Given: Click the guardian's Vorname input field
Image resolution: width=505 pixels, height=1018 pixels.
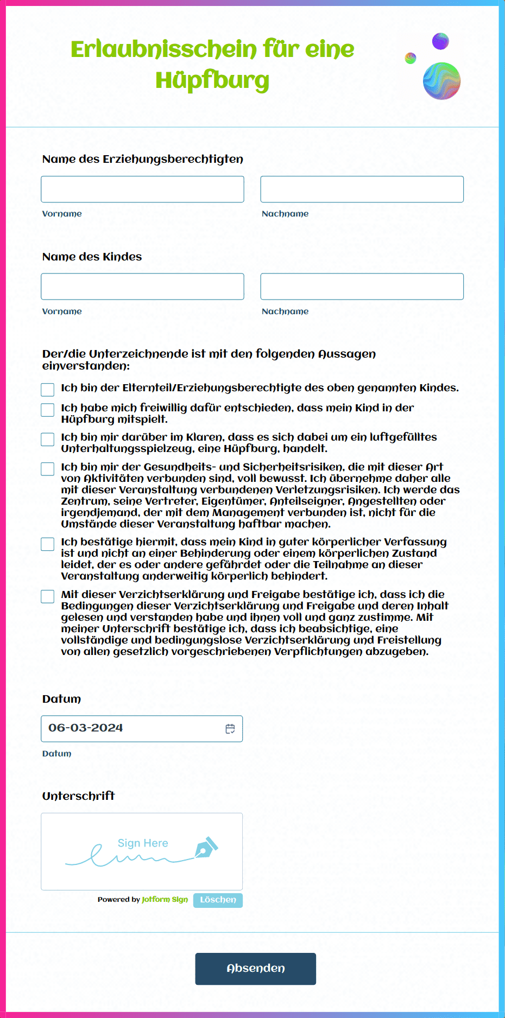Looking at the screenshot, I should click(x=142, y=189).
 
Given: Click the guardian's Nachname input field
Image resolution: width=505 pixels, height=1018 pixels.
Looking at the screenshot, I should click(x=362, y=189).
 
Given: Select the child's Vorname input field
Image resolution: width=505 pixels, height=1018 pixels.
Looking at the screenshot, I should click(x=142, y=287).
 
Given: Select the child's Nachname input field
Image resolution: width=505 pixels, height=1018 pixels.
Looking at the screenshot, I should click(x=362, y=287).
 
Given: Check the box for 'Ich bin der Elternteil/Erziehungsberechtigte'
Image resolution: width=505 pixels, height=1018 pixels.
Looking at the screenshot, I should click(x=48, y=390).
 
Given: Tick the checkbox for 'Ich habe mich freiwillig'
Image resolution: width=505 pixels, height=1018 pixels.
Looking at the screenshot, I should click(x=48, y=410).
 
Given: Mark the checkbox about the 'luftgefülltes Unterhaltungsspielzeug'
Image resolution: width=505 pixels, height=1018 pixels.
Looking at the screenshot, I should click(x=48, y=439).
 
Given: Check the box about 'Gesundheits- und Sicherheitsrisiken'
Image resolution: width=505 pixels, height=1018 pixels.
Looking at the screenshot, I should click(x=48, y=469).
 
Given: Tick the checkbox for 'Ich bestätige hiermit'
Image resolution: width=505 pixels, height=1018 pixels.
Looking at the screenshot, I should click(x=48, y=544).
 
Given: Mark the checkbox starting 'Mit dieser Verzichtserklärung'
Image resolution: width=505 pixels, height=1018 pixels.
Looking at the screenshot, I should click(x=48, y=596).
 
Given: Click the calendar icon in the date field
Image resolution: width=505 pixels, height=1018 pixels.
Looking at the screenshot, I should click(x=230, y=729).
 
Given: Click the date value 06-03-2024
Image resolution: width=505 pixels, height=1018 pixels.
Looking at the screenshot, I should click(x=86, y=728).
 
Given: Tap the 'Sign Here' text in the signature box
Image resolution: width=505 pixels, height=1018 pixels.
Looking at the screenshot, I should click(x=143, y=843).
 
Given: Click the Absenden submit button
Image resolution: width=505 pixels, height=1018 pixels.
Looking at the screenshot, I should click(x=255, y=969).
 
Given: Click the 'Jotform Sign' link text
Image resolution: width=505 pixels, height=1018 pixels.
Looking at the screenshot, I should click(x=165, y=900).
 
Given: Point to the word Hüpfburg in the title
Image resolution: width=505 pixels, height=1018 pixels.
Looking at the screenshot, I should click(x=212, y=80).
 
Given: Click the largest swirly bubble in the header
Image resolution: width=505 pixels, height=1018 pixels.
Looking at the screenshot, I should click(x=441, y=81).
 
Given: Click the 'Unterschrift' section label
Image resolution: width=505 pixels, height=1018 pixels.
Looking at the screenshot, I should click(x=79, y=796).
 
